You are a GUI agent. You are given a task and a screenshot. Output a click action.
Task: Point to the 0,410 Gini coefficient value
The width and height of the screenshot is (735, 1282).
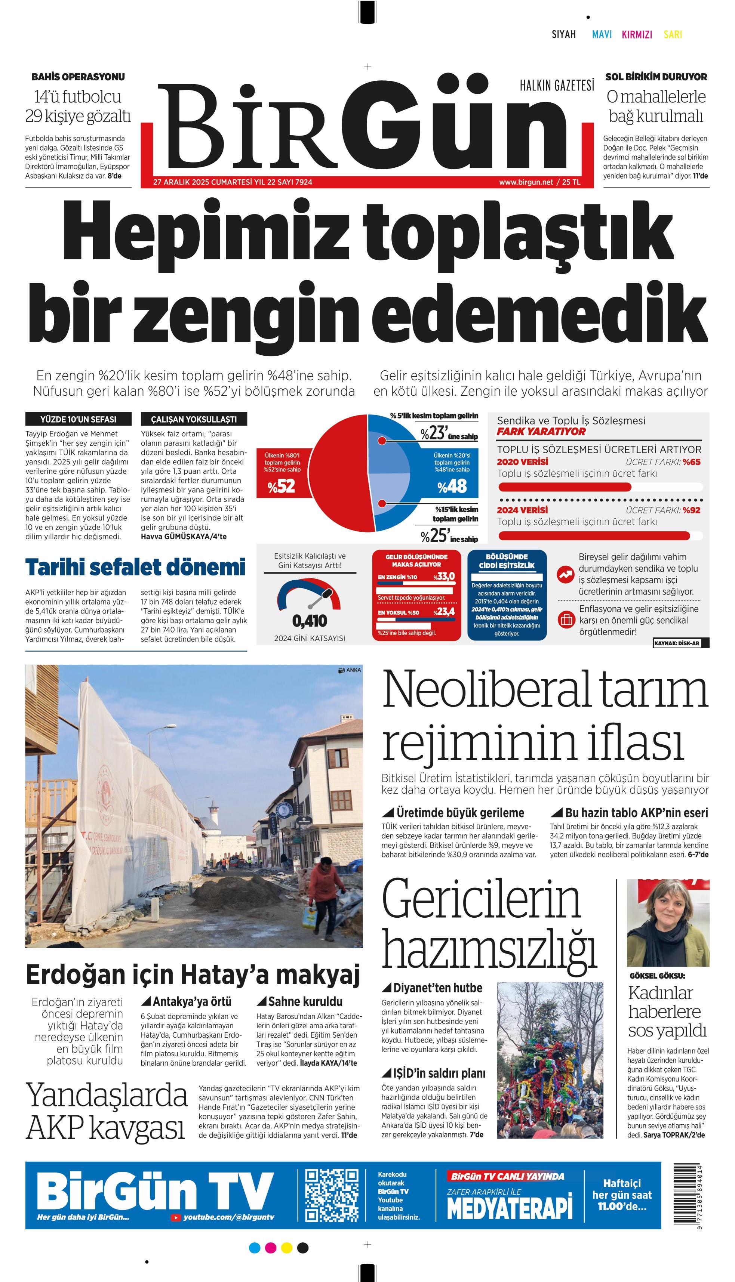[x=310, y=621]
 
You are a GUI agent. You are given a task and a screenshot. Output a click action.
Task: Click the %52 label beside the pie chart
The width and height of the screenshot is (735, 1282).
[x=282, y=486]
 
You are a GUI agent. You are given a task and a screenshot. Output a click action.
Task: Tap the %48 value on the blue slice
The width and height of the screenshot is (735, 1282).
[x=452, y=486]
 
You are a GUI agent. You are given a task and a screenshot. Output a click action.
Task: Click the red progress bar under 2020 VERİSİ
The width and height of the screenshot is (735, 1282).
[x=565, y=487]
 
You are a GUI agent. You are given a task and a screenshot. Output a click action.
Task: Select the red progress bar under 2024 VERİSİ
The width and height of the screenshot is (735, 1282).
[x=594, y=535]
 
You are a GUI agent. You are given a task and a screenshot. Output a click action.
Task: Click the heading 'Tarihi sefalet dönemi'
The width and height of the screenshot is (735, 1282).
[x=135, y=567]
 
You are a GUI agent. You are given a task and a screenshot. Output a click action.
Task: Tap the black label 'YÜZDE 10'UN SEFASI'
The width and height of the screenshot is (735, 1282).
[x=78, y=419]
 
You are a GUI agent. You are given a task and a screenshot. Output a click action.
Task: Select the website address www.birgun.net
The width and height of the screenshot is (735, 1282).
[x=526, y=182]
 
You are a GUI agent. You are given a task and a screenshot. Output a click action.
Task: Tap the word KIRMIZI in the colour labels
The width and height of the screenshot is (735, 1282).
[x=637, y=34]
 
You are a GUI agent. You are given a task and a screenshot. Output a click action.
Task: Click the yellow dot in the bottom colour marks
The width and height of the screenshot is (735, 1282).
[x=287, y=1248]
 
